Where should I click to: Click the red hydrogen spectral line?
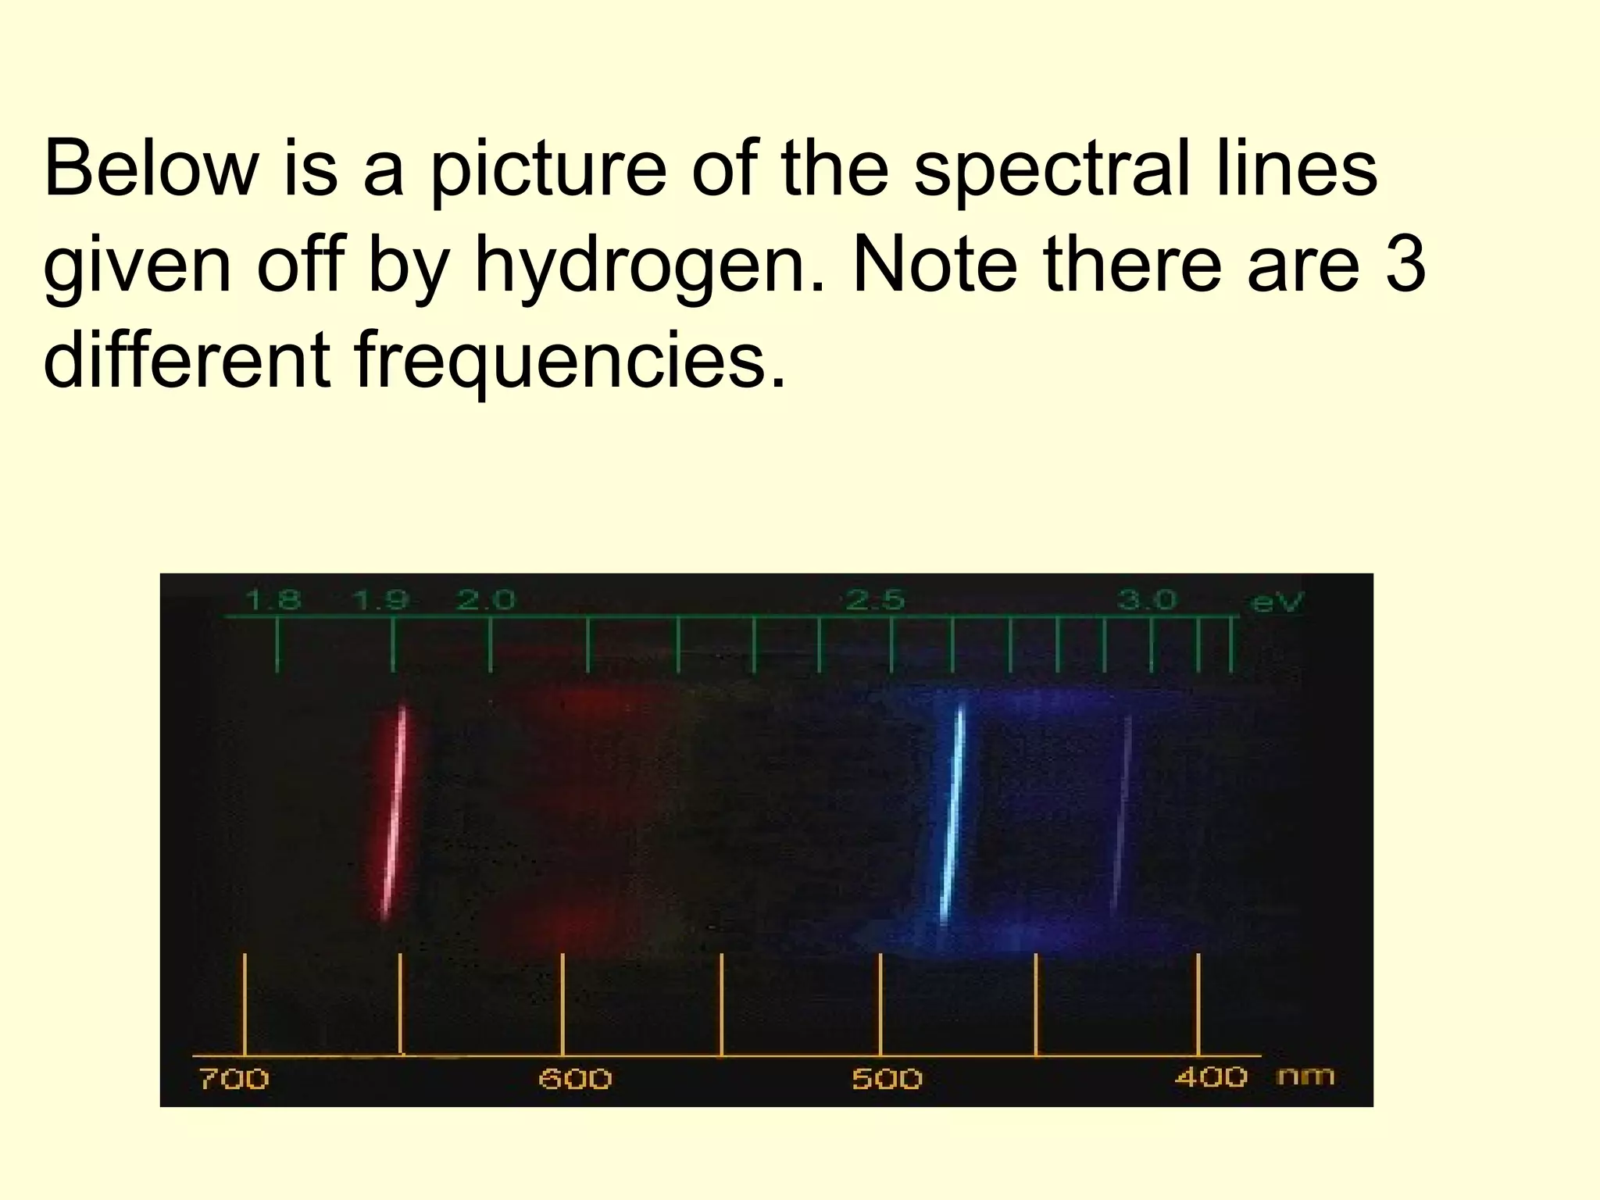tap(395, 812)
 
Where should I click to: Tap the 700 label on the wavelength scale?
tap(234, 1079)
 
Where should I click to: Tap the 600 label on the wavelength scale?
tap(576, 1079)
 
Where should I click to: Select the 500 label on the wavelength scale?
tap(887, 1079)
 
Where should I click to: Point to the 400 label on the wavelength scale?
tap(1211, 1077)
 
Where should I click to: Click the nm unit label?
tap(1305, 1077)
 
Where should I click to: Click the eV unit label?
tap(1277, 602)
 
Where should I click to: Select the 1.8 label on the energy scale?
tap(273, 600)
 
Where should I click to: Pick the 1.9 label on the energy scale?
tap(380, 600)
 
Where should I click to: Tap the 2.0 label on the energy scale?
tap(486, 600)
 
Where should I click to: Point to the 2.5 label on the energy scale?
tap(875, 600)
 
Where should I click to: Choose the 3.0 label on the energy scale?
tap(1146, 600)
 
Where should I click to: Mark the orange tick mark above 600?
tap(562, 1004)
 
